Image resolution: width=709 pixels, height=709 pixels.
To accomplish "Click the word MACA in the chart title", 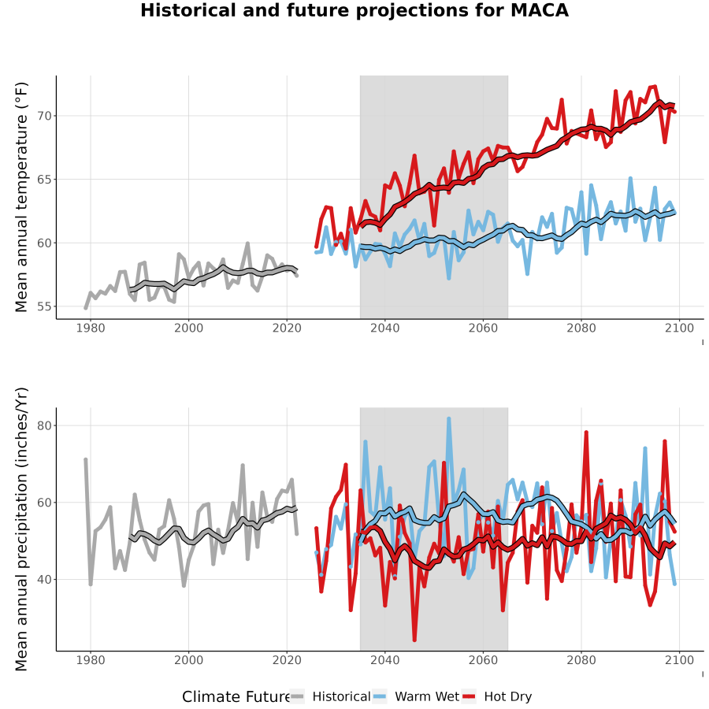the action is click(540, 10).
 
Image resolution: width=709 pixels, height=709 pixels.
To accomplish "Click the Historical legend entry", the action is click(330, 696).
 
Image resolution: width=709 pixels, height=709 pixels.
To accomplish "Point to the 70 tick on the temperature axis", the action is click(45, 117).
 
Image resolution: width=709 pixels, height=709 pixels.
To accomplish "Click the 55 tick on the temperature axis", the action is click(45, 306).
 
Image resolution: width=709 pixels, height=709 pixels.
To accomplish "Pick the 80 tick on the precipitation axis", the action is click(45, 426).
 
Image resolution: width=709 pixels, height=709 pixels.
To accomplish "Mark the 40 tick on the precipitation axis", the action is click(45, 580).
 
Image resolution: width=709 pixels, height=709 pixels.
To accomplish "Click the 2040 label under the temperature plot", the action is click(385, 328).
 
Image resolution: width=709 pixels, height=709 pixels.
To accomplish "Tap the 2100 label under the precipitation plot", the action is click(680, 660).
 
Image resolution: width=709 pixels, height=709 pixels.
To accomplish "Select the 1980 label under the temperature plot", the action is click(91, 328).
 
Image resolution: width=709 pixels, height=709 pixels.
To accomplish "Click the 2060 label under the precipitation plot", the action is click(484, 660).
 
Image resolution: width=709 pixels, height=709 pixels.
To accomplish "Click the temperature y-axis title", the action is click(21, 197).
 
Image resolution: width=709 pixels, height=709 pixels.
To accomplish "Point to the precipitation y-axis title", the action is click(21, 529).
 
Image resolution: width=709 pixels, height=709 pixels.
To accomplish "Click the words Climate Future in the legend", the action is click(236, 697).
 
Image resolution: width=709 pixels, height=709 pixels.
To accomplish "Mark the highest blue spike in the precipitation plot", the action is click(449, 418).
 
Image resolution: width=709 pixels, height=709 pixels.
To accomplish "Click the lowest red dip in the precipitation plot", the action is click(414, 640).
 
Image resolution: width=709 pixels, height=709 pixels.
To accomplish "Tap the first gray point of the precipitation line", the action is click(85, 459).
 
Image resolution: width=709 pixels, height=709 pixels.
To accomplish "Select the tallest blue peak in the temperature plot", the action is click(630, 179).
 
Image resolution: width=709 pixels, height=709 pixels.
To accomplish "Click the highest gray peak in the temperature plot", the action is click(248, 243).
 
